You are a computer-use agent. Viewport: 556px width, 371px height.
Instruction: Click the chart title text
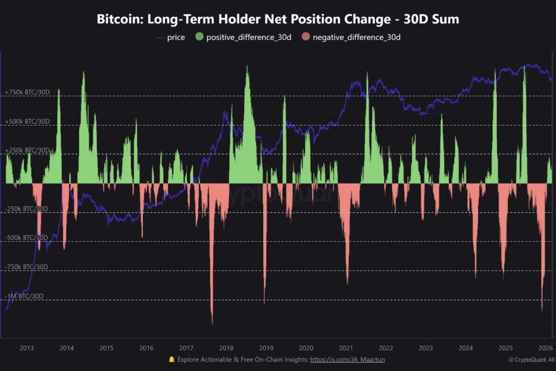coord(278,19)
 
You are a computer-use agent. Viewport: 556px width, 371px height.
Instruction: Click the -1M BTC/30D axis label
coord(25,296)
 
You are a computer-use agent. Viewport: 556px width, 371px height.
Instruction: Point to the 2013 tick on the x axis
coord(27,348)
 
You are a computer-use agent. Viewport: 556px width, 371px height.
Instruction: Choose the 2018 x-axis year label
coord(226,348)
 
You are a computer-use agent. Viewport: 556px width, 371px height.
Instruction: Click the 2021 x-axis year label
coord(346,348)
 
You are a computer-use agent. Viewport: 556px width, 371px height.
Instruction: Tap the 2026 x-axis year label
coord(545,348)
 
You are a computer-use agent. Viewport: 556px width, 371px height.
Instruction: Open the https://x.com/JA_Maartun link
coord(348,359)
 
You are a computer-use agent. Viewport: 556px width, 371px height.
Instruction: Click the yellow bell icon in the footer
coord(171,359)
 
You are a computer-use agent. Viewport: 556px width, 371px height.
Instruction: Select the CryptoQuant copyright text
coord(531,359)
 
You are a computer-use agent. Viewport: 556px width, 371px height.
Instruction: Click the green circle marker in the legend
coord(199,38)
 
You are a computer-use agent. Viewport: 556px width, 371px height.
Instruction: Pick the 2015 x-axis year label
coord(106,348)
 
